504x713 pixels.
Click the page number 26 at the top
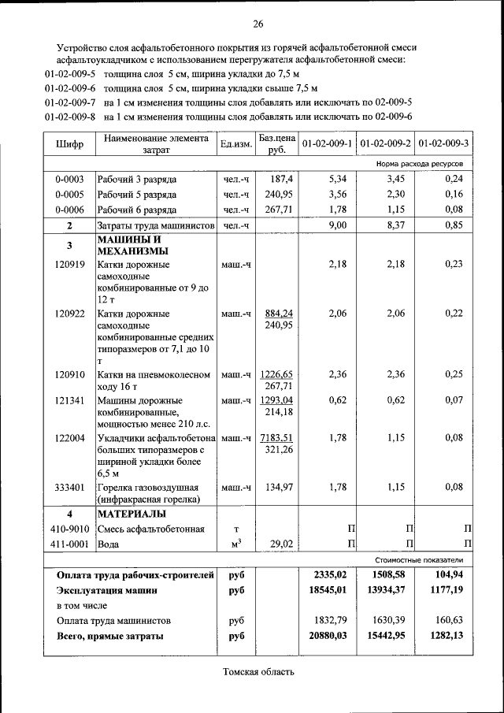(x=258, y=22)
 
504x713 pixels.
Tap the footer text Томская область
(x=258, y=672)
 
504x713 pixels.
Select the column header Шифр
(x=69, y=144)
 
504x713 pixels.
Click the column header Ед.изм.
(x=234, y=144)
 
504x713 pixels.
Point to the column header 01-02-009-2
(x=386, y=144)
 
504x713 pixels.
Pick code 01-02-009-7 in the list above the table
(x=70, y=102)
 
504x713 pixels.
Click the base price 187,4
(x=281, y=179)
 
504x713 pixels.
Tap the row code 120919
(x=69, y=265)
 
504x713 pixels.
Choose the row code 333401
(x=69, y=487)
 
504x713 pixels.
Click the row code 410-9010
(x=69, y=529)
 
